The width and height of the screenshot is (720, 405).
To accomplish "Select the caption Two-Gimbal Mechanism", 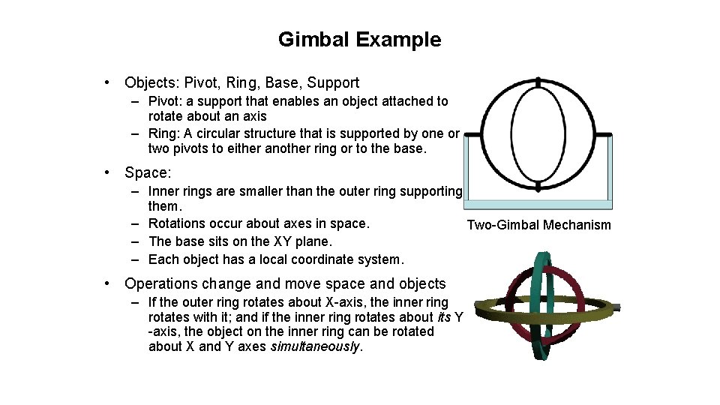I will click(538, 225).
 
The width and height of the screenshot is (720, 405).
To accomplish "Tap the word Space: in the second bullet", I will click(148, 172).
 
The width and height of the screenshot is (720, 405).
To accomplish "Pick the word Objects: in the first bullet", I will click(154, 82).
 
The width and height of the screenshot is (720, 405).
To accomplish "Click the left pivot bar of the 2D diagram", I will click(472, 135).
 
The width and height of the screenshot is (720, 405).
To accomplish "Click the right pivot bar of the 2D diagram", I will click(604, 135).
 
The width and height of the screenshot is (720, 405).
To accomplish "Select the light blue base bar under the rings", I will click(538, 204).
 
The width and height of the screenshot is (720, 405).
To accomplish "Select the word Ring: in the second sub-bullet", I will click(165, 133).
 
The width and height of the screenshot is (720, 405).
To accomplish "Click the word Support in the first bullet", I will click(333, 82).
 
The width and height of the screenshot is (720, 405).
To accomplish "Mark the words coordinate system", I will click(352, 259).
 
